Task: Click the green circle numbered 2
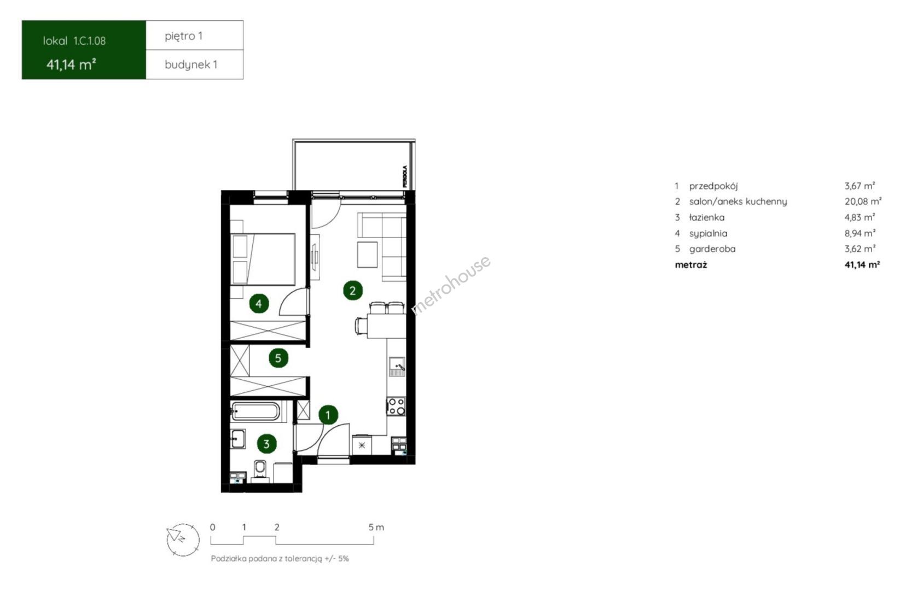coord(352,291)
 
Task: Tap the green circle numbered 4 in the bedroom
coord(259,303)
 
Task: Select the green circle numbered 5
coord(278,358)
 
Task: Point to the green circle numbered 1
coord(328,415)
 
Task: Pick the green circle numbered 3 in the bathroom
coord(266,444)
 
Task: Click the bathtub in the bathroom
coord(255,412)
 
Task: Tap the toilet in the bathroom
coord(260,471)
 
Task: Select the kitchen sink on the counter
coord(397,367)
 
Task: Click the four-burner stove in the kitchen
coord(396,406)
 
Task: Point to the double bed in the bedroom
coord(263,259)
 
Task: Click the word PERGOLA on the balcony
coord(405,176)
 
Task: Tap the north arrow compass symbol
coord(183,540)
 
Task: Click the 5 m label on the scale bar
coord(376,528)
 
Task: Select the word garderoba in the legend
coord(712,249)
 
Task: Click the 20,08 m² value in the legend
coord(863,201)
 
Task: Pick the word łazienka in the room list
coord(707,218)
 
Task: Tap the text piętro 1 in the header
coord(184,37)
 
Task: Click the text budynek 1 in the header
coord(191,65)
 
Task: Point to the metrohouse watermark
coord(451,285)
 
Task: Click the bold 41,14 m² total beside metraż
coord(862,264)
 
